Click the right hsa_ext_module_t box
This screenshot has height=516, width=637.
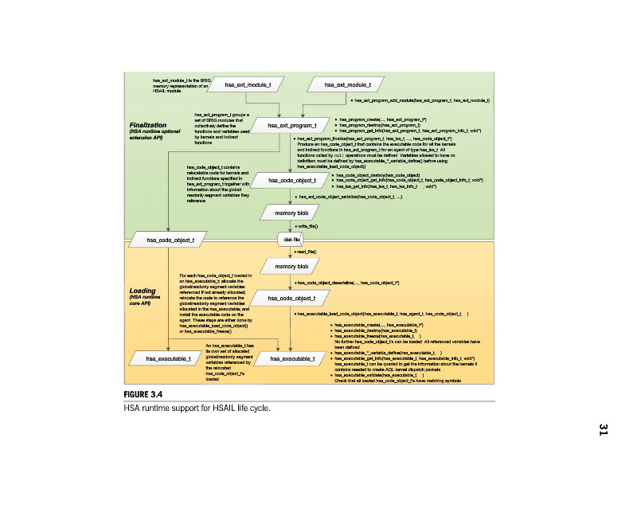[x=348, y=84]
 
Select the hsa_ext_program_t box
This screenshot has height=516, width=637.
[x=292, y=126]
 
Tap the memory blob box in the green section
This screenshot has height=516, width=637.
[x=292, y=213]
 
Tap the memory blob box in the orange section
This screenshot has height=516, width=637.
[x=292, y=265]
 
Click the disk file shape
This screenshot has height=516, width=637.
[x=292, y=239]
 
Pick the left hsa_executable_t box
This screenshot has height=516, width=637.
[x=169, y=360]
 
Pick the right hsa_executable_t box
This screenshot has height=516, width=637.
[x=292, y=360]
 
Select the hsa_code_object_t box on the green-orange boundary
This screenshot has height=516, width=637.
[x=169, y=239]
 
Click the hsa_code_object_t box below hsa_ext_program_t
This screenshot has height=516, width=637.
[x=292, y=181]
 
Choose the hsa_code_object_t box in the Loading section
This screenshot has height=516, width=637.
[x=292, y=298]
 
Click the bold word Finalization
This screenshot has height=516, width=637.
[x=147, y=125]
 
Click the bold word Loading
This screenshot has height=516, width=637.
[x=143, y=291]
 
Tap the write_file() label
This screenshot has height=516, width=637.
[x=308, y=227]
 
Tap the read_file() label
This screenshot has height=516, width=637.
[x=307, y=252]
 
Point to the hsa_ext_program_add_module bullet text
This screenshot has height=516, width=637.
[x=422, y=100]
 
